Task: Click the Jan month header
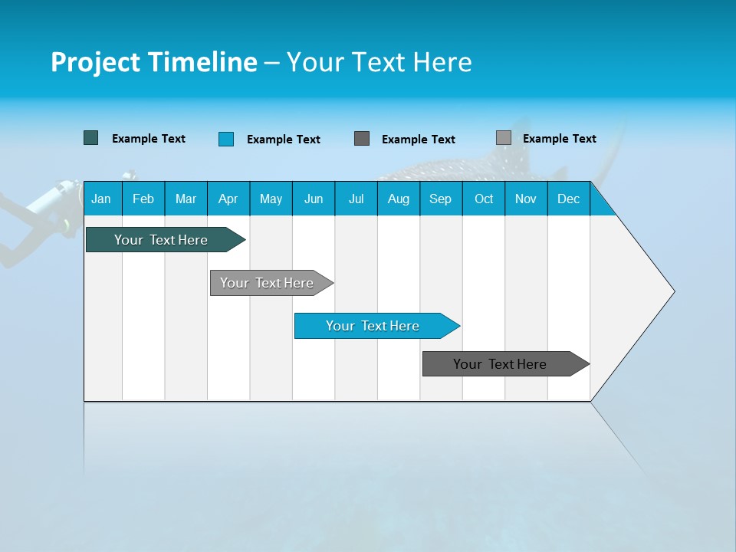point(102,199)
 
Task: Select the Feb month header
point(143,199)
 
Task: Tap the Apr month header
point(228,199)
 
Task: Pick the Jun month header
point(314,199)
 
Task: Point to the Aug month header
point(399,199)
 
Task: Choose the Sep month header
point(441,199)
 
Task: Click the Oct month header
point(484,199)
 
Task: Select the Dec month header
point(569,199)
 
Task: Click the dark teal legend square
point(91,138)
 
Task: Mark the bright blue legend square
point(226,139)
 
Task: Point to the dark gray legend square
point(362,138)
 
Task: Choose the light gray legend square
point(504,138)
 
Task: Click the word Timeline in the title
point(203,62)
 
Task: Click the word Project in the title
point(96,62)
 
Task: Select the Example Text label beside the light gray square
point(559,139)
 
